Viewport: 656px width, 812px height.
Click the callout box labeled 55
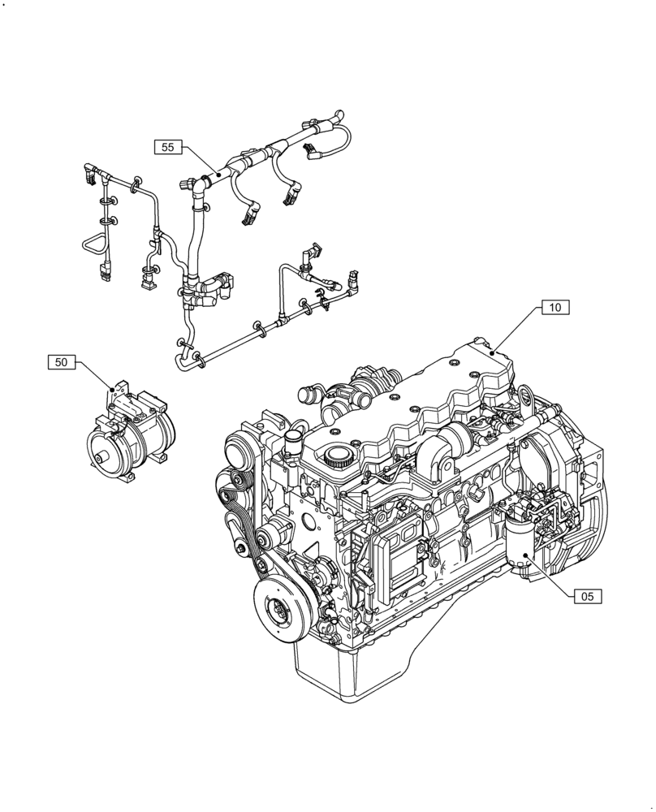(x=168, y=147)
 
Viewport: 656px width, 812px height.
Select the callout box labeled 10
(x=555, y=308)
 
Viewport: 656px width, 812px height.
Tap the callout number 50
(x=62, y=362)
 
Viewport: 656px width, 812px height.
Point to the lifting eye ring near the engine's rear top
(x=527, y=397)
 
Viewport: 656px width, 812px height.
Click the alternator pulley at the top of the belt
(x=238, y=449)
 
